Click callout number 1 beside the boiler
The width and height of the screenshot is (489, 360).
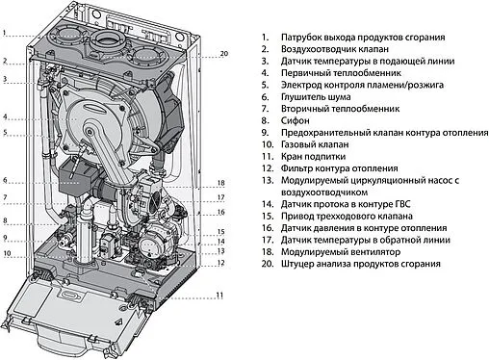pyautogui.click(x=5, y=32)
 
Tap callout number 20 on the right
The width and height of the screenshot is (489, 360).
pyautogui.click(x=224, y=53)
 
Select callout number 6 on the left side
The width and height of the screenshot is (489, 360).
pyautogui.click(x=5, y=179)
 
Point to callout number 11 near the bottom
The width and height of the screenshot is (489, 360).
pyautogui.click(x=219, y=294)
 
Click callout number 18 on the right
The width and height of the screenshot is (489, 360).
pyautogui.click(x=220, y=183)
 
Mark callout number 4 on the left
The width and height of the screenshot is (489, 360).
pyautogui.click(x=5, y=116)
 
